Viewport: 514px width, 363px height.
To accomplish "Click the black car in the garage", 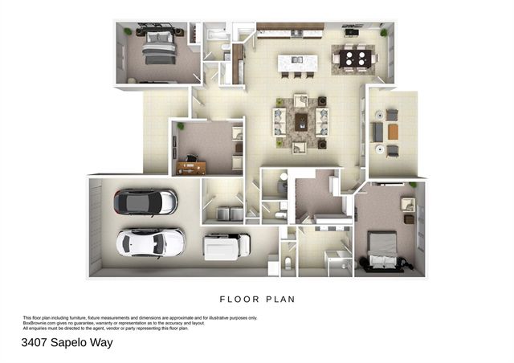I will pyautogui.click(x=145, y=202).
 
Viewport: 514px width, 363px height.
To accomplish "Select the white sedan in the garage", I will pyautogui.click(x=151, y=242).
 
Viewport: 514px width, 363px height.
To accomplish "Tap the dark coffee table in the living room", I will pyautogui.click(x=301, y=121).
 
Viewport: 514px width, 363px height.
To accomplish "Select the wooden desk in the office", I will pyautogui.click(x=192, y=167).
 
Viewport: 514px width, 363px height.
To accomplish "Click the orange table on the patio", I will pyautogui.click(x=393, y=131).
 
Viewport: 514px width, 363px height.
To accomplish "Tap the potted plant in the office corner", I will pyautogui.click(x=182, y=126).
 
